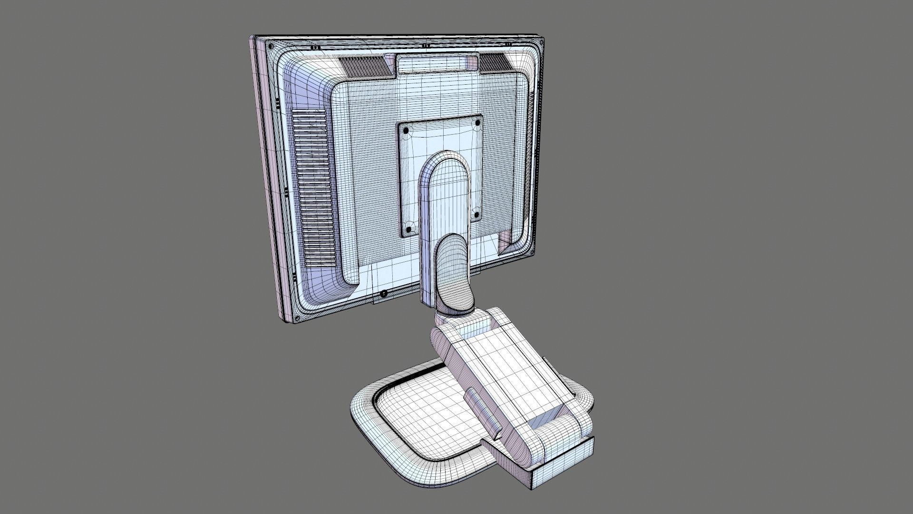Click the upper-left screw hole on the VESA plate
(x=405, y=130)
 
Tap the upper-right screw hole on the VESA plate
(x=477, y=123)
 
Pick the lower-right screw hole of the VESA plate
(x=476, y=215)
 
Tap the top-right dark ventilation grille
(x=495, y=62)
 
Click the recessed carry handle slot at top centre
(x=437, y=63)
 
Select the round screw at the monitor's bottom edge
(x=384, y=293)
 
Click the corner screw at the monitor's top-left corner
(x=270, y=46)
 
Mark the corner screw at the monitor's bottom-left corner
(x=298, y=316)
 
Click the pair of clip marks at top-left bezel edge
(x=314, y=48)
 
